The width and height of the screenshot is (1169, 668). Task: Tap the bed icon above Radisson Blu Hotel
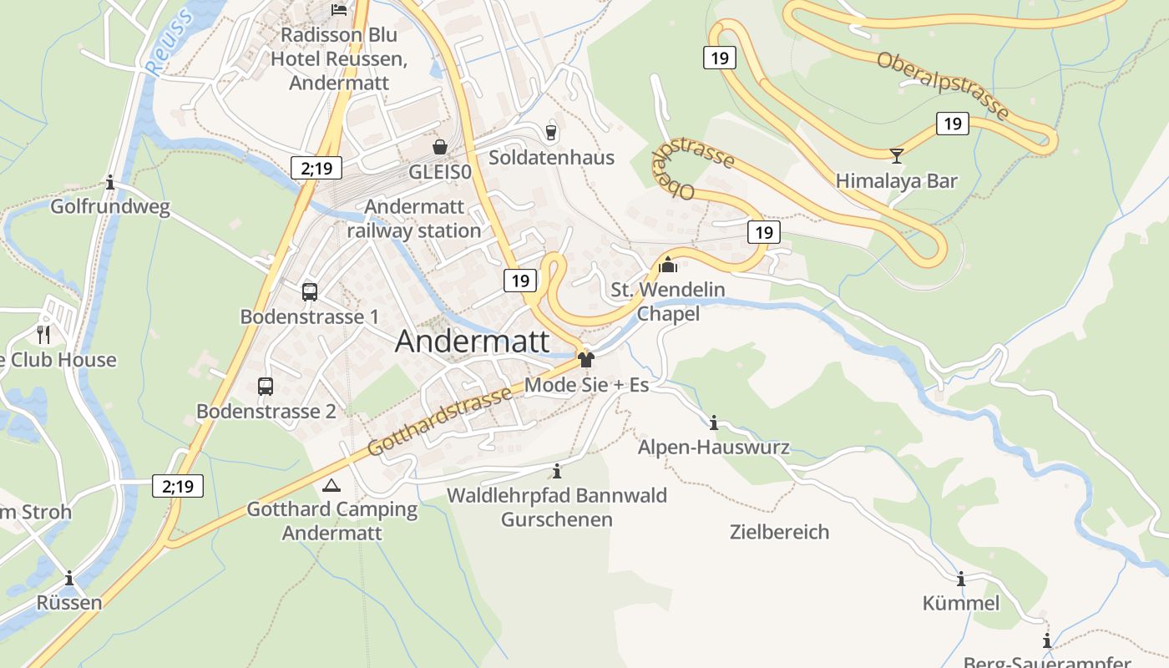click(339, 10)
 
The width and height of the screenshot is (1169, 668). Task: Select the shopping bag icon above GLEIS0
click(440, 147)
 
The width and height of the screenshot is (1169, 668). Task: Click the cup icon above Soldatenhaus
click(551, 131)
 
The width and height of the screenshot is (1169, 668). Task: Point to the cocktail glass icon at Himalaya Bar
click(897, 155)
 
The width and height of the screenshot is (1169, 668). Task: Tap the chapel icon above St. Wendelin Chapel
click(668, 265)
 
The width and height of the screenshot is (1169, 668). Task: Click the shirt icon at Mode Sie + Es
click(586, 360)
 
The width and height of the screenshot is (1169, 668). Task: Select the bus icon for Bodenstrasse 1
click(310, 291)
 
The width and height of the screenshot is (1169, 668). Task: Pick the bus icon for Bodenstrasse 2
click(266, 387)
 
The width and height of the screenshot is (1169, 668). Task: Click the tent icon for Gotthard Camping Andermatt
click(331, 485)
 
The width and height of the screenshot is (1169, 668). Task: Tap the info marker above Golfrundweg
click(110, 182)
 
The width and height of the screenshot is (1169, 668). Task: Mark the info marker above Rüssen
click(69, 578)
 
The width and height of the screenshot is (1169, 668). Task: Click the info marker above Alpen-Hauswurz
click(714, 423)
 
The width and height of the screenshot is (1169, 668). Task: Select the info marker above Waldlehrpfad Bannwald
click(557, 471)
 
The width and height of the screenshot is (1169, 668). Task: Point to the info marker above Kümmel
click(961, 579)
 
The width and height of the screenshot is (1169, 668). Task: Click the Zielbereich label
click(779, 532)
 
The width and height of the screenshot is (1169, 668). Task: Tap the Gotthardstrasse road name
click(439, 422)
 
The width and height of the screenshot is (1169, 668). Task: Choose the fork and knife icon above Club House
click(43, 335)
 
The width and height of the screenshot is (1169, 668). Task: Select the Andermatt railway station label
click(414, 219)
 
